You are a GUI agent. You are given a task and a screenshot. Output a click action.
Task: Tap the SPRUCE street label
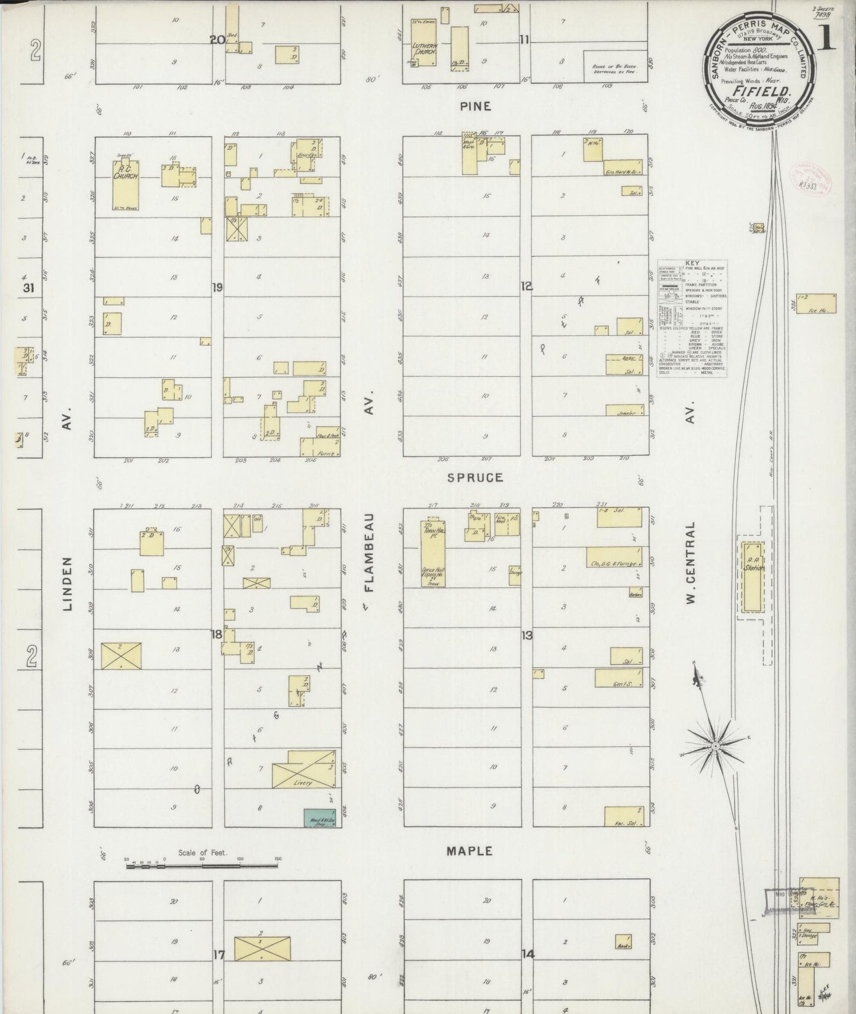pyautogui.click(x=475, y=477)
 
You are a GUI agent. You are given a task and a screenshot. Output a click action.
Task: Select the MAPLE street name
pyautogui.click(x=469, y=851)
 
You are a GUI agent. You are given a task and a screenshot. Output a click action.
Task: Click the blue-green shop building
pyautogui.click(x=319, y=817)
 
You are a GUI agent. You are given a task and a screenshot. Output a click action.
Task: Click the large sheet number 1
pyautogui.click(x=828, y=40)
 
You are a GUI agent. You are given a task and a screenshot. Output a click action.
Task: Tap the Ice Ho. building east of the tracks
pyautogui.click(x=816, y=304)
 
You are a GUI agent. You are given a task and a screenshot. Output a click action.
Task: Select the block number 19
pyautogui.click(x=217, y=287)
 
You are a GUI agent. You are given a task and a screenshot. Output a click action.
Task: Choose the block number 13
pyautogui.click(x=526, y=636)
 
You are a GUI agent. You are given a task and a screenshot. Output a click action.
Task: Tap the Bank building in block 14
pyautogui.click(x=623, y=941)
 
